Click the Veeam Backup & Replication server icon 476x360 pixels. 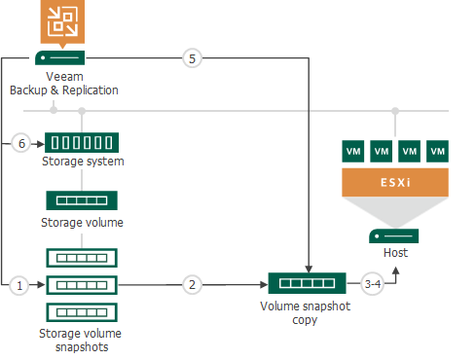click(x=61, y=58)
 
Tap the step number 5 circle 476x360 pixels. click(x=193, y=59)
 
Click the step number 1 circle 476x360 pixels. click(x=18, y=285)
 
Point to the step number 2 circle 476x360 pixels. click(x=193, y=285)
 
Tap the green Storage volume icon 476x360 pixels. click(x=82, y=200)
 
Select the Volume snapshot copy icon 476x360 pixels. click(x=308, y=285)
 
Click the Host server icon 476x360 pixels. click(x=394, y=235)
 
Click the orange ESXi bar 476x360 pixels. click(x=394, y=181)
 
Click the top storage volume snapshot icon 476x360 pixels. click(x=82, y=258)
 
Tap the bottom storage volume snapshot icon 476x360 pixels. click(x=82, y=313)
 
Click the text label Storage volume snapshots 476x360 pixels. click(x=82, y=339)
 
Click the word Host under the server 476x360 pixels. click(x=394, y=253)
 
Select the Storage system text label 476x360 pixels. click(x=83, y=162)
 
